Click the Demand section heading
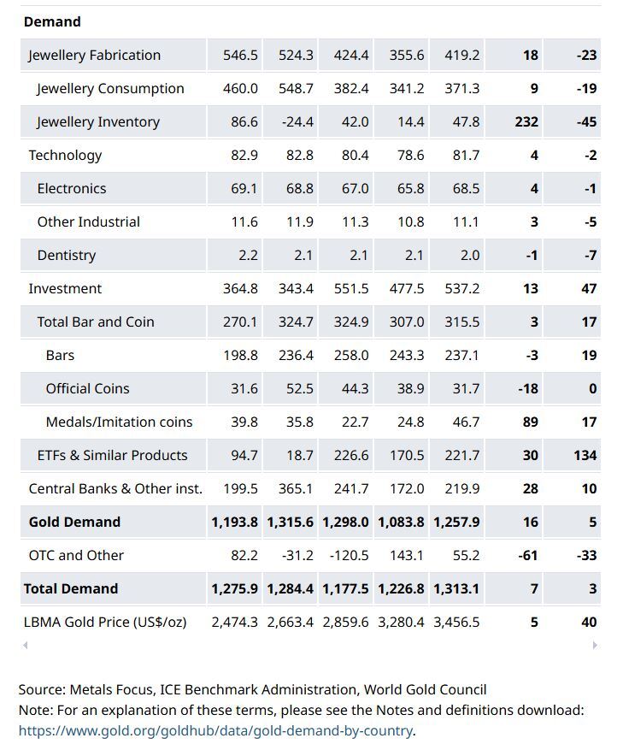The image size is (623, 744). (52, 21)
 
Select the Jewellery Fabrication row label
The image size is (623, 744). (94, 55)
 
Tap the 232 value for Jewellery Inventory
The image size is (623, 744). (526, 121)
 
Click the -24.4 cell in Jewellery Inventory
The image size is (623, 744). (297, 121)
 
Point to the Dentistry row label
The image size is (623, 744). (66, 255)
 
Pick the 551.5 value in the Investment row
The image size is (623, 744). (351, 288)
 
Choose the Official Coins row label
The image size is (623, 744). (87, 388)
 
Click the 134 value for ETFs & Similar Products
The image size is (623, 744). (585, 455)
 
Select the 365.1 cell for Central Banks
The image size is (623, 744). (296, 488)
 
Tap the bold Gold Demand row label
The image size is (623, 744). (74, 522)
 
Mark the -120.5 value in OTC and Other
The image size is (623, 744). (349, 555)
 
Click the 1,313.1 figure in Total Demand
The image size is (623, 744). (458, 588)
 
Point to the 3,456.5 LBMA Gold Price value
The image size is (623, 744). (458, 622)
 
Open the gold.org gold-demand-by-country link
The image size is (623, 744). (215, 730)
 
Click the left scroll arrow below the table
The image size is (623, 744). (26, 646)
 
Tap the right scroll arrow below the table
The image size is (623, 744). (595, 646)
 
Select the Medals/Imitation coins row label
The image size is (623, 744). (119, 422)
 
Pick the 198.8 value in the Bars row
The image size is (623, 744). (240, 355)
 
